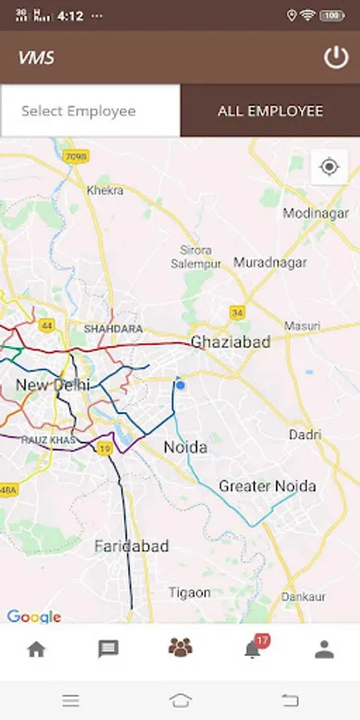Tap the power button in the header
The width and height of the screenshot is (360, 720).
click(336, 58)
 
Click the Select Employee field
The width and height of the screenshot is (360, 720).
click(90, 111)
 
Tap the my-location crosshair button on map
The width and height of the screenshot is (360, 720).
click(329, 166)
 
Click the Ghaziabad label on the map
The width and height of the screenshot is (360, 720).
click(230, 342)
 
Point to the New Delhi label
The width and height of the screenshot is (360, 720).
click(53, 386)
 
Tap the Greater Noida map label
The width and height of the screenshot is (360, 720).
click(267, 486)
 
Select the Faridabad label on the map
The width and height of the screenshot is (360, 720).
click(131, 546)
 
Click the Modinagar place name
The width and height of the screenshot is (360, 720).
click(315, 213)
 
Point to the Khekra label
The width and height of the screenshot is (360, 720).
click(105, 190)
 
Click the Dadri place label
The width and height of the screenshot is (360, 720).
click(305, 434)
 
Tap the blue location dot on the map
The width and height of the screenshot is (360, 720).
click(180, 386)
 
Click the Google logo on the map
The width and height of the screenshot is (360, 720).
click(34, 617)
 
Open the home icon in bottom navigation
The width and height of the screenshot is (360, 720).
click(36, 649)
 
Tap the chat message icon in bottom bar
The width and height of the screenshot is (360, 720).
click(108, 649)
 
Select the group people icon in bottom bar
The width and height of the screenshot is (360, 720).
click(180, 648)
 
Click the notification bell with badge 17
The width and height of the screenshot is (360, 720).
click(253, 649)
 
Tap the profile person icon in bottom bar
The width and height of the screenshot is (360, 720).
click(324, 649)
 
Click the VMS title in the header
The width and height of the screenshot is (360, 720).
click(36, 58)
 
